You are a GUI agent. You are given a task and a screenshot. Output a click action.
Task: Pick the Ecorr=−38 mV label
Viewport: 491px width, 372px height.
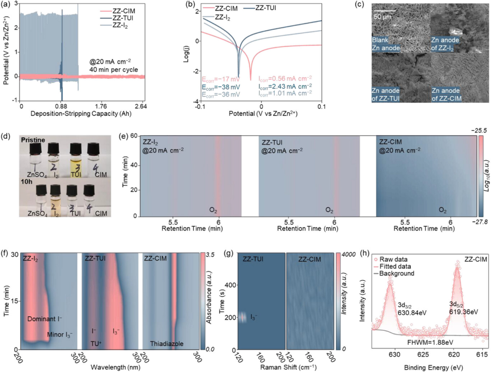(x=220, y=86)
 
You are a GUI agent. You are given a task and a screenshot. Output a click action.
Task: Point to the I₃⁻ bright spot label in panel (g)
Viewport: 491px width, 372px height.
(x=255, y=317)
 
